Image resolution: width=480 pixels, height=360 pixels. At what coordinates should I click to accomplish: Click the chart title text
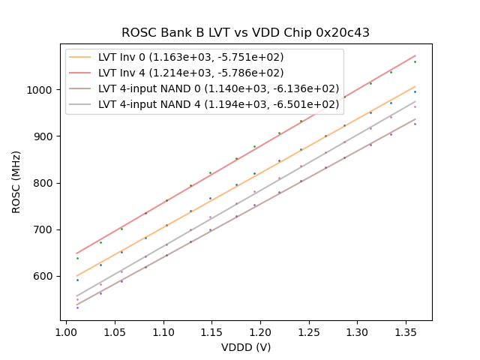tap(245, 33)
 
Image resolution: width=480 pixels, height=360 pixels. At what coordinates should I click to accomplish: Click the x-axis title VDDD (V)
tap(245, 347)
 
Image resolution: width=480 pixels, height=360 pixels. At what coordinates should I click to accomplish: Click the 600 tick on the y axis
tap(44, 276)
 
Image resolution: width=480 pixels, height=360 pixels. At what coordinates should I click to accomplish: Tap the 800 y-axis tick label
tap(44, 183)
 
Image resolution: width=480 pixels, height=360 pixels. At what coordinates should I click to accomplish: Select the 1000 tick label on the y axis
tap(42, 90)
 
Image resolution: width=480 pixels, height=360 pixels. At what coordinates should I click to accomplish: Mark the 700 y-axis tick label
tap(44, 229)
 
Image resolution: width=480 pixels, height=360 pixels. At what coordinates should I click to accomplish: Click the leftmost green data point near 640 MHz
tap(76, 258)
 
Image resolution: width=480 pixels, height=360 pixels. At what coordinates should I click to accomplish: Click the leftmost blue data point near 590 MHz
tap(76, 280)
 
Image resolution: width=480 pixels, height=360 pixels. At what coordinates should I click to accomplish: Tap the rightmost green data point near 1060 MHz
tap(415, 61)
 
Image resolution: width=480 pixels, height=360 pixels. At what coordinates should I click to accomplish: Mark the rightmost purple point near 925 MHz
tap(415, 124)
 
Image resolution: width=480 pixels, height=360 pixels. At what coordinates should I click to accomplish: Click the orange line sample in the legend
tap(80, 57)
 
